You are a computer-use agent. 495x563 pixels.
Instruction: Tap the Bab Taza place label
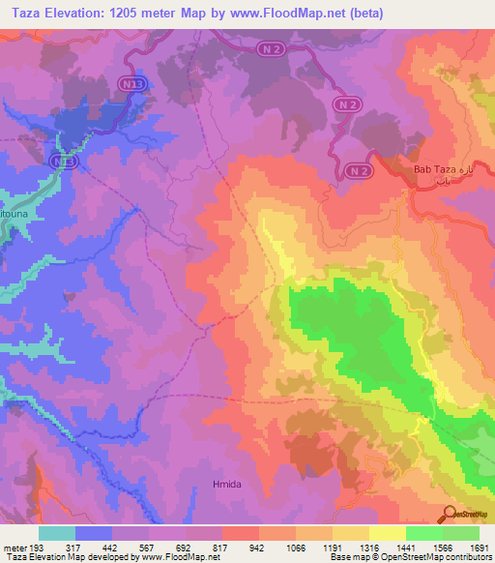point(432,169)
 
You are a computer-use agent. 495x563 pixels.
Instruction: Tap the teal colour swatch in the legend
point(57,533)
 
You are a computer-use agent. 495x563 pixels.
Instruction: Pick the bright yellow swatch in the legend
point(388,533)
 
